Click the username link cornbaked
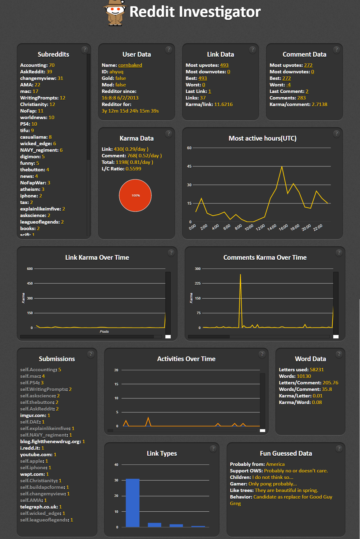coord(130,65)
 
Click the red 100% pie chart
coord(135,195)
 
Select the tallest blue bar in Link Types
coord(133,503)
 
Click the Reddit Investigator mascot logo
coord(115,13)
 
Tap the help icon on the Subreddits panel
coord(85,49)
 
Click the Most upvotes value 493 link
coord(224,65)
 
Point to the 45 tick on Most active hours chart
coord(189,166)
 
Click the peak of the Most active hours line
coord(282,167)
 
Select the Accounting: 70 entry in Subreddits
coord(37,65)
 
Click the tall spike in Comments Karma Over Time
coord(240,274)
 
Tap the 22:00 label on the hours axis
coord(318,227)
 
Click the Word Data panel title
coord(310,359)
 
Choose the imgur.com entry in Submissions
coord(35,415)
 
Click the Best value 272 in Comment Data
coord(287,78)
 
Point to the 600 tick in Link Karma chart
coord(30,269)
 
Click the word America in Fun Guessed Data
coord(275,464)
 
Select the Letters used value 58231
coord(317,369)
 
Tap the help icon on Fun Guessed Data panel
coord(339,448)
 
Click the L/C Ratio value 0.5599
coord(133,169)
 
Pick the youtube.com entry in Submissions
coord(38,454)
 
